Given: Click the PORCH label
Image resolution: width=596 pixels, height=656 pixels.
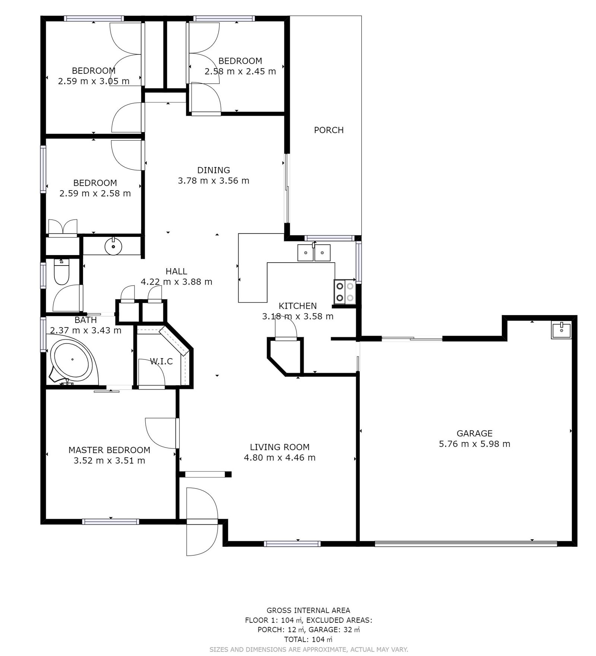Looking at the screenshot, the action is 329,130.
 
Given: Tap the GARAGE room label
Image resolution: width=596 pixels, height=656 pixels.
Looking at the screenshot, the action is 474,433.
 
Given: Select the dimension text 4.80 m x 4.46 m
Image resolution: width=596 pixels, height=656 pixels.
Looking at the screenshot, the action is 279,457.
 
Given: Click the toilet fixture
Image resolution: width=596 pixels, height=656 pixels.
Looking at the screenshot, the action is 62,271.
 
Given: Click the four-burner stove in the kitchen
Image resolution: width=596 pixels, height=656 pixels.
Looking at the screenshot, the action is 345,292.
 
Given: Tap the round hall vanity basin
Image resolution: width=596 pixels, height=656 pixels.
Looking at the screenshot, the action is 113,246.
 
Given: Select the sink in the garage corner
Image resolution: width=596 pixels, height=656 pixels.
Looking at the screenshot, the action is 561,330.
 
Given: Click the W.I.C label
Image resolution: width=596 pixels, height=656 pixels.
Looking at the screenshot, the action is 161,361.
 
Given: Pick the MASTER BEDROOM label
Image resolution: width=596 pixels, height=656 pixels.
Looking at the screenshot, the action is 109,450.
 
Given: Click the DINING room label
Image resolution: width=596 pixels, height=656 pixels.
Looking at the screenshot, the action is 213,170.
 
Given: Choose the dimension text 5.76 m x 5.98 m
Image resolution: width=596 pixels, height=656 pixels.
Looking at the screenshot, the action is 474,443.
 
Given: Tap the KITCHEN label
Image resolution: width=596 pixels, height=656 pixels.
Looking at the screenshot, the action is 298,306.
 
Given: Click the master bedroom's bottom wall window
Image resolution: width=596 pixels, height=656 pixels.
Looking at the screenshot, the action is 111,522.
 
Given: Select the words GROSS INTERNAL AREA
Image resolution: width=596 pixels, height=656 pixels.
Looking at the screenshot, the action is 308,611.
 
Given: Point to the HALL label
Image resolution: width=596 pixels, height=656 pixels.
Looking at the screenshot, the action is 176,271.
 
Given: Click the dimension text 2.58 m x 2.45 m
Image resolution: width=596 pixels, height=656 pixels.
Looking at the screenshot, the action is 240,71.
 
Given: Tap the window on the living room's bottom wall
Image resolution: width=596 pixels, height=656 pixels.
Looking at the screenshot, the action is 292,544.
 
